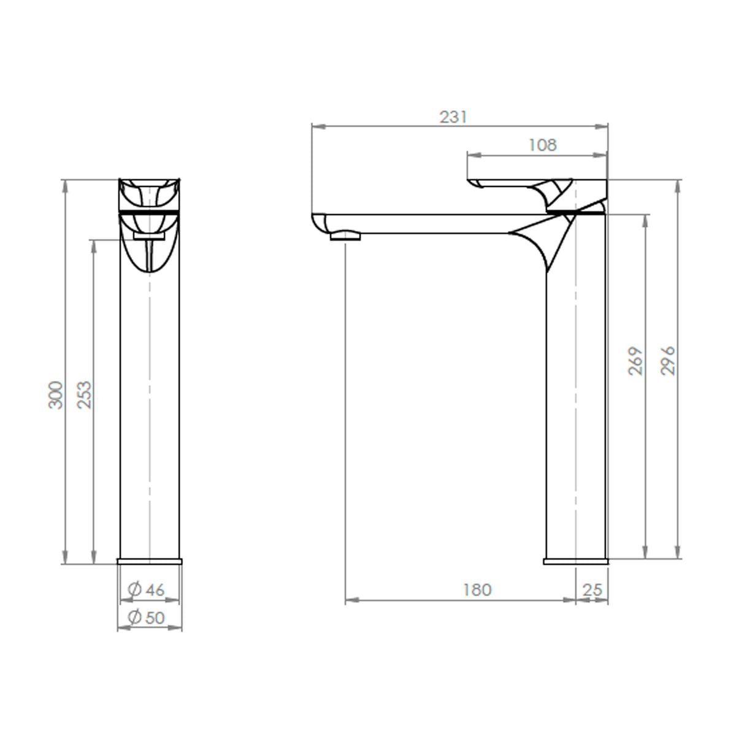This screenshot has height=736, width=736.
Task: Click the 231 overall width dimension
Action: tap(453, 117)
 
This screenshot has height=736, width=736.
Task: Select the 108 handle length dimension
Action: tap(543, 145)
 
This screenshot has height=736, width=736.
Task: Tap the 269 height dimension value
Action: tap(635, 361)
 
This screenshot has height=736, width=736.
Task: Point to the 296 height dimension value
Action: tap(668, 361)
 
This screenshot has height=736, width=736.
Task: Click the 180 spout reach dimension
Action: tap(477, 589)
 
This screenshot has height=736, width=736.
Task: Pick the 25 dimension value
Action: tap(592, 589)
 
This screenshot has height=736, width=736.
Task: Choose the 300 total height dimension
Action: tap(55, 395)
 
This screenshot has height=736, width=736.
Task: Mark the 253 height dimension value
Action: tap(85, 395)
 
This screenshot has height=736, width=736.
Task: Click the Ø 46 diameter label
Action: tap(147, 589)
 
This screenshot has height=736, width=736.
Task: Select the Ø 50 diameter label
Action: tap(147, 618)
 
